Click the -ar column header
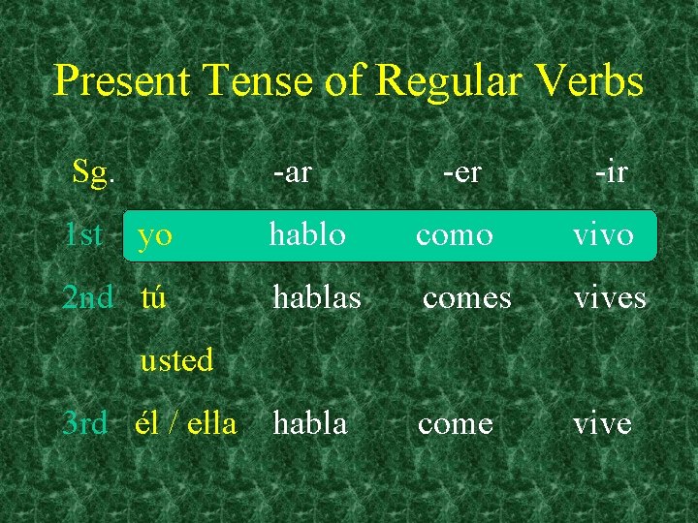click(x=292, y=172)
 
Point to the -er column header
click(x=461, y=172)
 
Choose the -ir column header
click(x=611, y=172)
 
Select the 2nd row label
click(x=87, y=297)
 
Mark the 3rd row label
click(x=84, y=423)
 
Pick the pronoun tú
click(x=154, y=297)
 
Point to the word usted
click(x=176, y=360)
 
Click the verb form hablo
click(x=307, y=234)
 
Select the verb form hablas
click(x=317, y=297)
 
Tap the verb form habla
click(x=309, y=423)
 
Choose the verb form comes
click(x=466, y=298)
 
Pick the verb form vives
click(x=610, y=298)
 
